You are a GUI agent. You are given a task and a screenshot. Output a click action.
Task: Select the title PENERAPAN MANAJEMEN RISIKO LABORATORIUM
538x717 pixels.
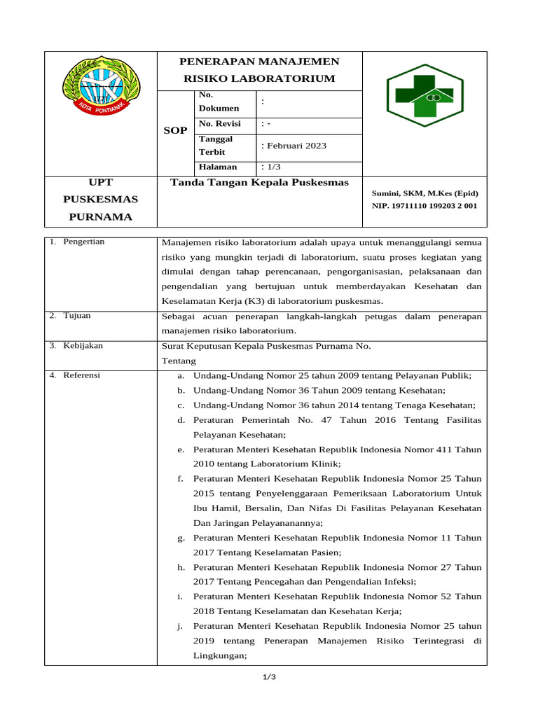(259, 70)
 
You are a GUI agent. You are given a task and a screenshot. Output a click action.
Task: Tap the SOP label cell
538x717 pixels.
(175, 131)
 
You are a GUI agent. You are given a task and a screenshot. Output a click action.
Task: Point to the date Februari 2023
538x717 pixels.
(294, 146)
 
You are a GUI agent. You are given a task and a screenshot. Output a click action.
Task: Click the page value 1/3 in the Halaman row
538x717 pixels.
(270, 167)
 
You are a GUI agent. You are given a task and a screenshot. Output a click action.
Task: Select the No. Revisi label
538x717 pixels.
(219, 124)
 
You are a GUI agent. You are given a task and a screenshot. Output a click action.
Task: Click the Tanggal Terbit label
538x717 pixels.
(216, 146)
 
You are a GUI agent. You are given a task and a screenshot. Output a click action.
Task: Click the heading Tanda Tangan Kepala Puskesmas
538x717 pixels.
(260, 183)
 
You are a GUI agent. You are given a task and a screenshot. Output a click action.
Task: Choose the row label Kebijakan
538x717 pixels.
(83, 346)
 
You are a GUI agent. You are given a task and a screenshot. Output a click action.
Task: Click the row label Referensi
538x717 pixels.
(81, 375)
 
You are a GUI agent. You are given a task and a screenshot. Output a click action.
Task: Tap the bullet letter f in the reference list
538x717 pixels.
(181, 479)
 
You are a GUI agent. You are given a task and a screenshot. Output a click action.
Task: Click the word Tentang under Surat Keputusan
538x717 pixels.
(179, 361)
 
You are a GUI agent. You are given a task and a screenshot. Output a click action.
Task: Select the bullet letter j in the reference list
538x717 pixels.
(181, 626)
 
